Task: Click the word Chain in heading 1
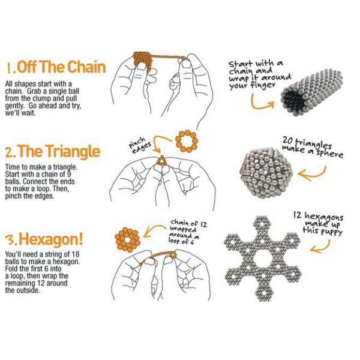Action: click(86, 67)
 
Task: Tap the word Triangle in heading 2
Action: click(70, 151)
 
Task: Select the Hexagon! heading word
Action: click(50, 239)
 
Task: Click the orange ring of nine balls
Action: click(187, 142)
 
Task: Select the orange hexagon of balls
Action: click(128, 239)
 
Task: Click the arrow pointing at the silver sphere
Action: click(312, 175)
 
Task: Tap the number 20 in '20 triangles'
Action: click(288, 140)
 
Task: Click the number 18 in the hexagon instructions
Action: click(75, 254)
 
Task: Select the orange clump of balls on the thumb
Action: click(142, 61)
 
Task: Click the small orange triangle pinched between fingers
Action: click(161, 160)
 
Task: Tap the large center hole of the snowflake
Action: click(262, 259)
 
